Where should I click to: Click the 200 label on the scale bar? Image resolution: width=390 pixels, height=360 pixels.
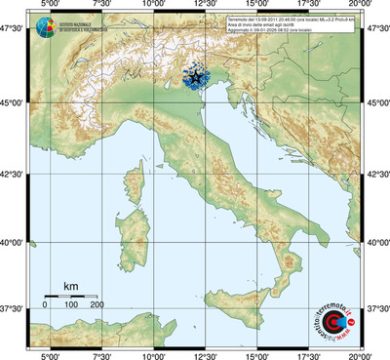pyautogui.click(x=97, y=306)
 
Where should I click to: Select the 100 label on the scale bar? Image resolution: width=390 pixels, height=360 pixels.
pyautogui.click(x=71, y=306)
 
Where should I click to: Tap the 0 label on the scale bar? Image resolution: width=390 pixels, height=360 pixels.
pyautogui.click(x=45, y=306)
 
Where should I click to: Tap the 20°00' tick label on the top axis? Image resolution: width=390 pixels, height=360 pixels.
pyautogui.click(x=362, y=5)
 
